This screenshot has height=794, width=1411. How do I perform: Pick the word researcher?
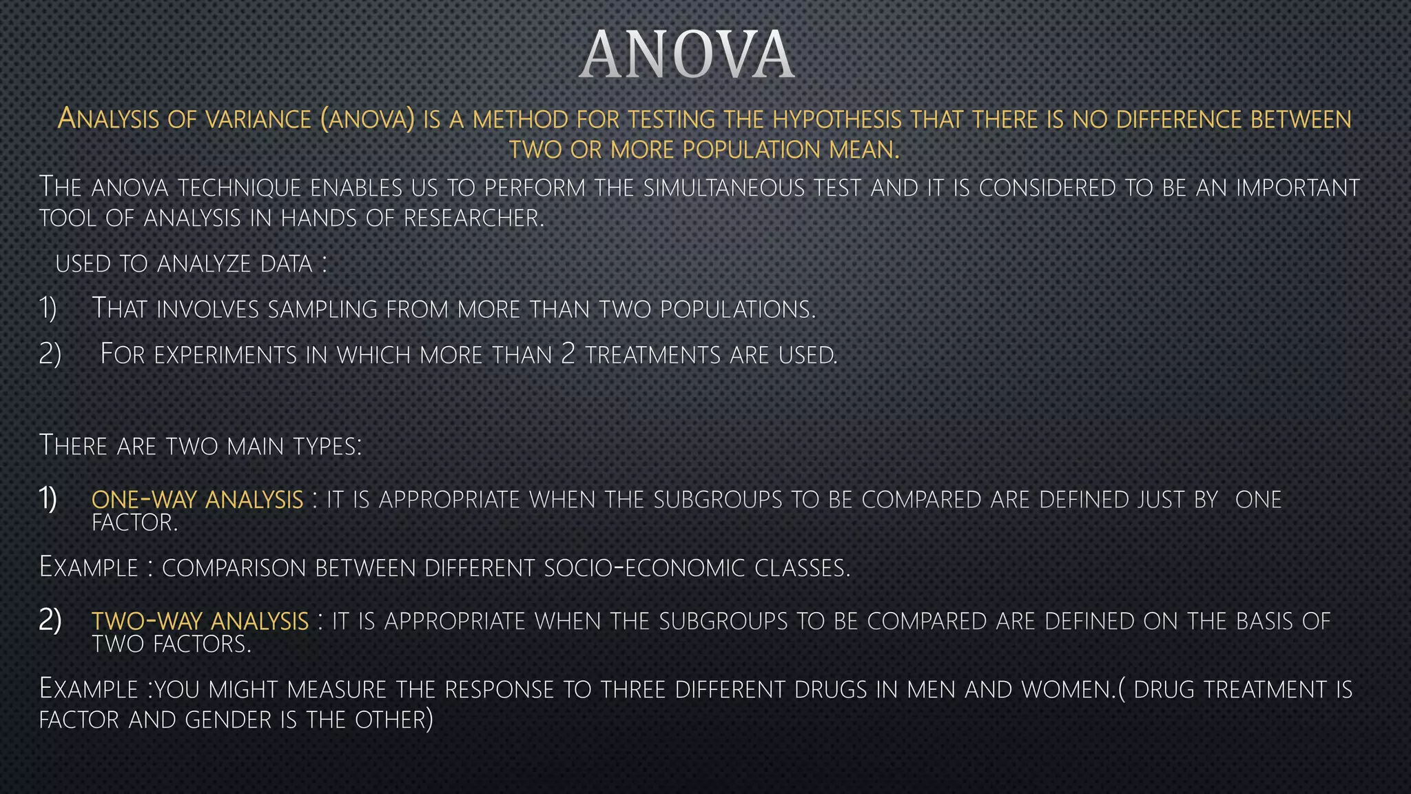(x=473, y=218)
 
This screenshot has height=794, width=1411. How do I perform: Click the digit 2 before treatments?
(x=568, y=354)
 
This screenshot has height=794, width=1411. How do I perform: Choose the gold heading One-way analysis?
(x=197, y=499)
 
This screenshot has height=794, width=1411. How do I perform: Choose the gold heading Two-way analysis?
(x=200, y=621)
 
